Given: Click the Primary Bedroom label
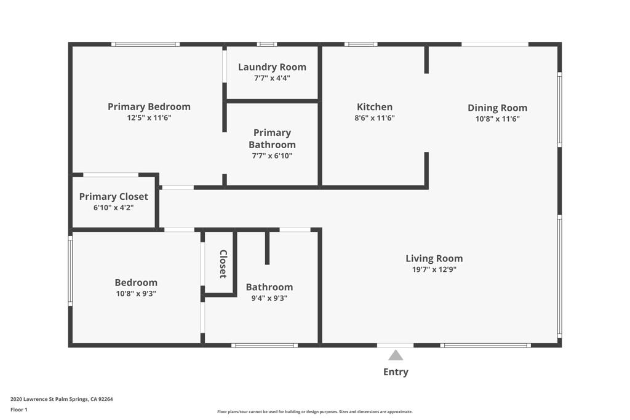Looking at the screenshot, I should pos(149,106).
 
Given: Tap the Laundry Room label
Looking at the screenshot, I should pos(272,67).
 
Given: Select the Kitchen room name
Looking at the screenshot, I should pos(375,106).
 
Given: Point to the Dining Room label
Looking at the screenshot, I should pos(497,108).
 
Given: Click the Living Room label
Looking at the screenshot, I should pos(434,258).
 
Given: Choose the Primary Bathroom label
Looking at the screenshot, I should pos(272,138).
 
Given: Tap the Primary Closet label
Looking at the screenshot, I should pos(114,197).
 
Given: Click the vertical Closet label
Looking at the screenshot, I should pos(223,264).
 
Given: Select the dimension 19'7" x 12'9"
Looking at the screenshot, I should pos(434,269).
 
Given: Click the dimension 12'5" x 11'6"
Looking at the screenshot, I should pos(149,117).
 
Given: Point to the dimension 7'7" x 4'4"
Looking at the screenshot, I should pos(272,78).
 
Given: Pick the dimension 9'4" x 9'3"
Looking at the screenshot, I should pos(269,298).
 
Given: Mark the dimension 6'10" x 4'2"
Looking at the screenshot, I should pos(114,208).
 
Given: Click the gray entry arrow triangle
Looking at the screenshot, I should pos(396,355).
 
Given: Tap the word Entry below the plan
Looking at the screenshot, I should pos(396,371).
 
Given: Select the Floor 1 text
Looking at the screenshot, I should pos(19,410).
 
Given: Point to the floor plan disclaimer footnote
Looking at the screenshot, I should pos(314,412).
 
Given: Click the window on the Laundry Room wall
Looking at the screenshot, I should pos(267,44).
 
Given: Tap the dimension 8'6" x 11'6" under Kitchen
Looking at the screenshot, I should pos(375,118).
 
